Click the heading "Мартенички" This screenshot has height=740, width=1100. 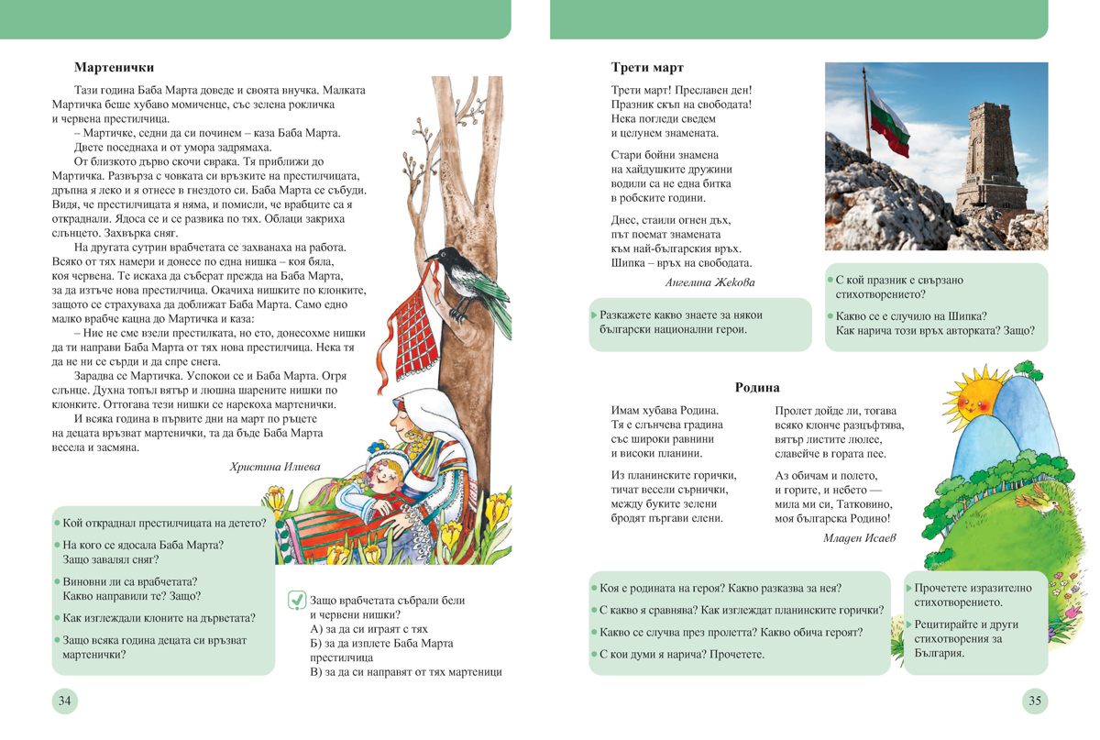(x=114, y=68)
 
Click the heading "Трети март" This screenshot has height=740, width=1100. (x=647, y=68)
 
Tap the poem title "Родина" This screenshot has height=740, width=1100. (x=757, y=388)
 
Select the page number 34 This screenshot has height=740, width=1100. (x=64, y=701)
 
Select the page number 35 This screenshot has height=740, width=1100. (x=1035, y=701)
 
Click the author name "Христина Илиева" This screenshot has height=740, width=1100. (x=275, y=467)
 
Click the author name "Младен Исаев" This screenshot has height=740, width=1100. (x=859, y=538)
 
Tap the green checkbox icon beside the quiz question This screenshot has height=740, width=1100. (x=297, y=601)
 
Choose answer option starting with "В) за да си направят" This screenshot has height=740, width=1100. (x=406, y=672)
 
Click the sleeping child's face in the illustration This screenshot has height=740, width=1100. (x=385, y=474)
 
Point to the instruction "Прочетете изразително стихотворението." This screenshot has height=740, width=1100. (x=973, y=595)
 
